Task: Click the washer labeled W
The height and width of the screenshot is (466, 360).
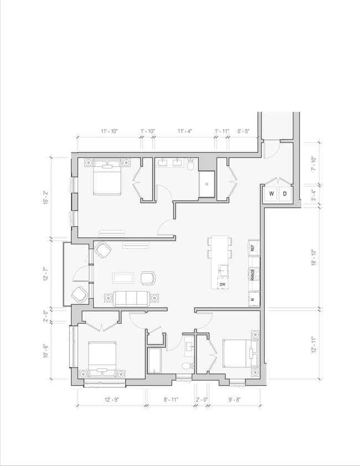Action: click(x=271, y=194)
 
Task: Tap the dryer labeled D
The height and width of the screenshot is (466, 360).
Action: click(x=285, y=194)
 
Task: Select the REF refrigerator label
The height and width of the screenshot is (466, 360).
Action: click(x=253, y=248)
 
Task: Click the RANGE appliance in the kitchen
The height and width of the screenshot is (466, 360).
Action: click(x=253, y=273)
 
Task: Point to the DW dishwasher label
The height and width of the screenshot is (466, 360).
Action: click(x=223, y=284)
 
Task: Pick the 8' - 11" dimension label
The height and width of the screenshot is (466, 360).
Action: click(x=171, y=400)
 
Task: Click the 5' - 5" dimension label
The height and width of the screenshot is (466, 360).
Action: click(x=244, y=131)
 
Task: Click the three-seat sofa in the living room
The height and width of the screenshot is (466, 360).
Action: click(x=131, y=298)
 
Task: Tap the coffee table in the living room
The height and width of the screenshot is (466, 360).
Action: click(x=122, y=277)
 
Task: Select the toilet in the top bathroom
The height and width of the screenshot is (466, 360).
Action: click(x=191, y=165)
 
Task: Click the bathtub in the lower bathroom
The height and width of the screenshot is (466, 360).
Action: click(x=155, y=361)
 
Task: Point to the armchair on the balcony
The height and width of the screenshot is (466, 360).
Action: click(x=78, y=294)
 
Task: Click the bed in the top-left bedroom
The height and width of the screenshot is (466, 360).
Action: click(x=106, y=177)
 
